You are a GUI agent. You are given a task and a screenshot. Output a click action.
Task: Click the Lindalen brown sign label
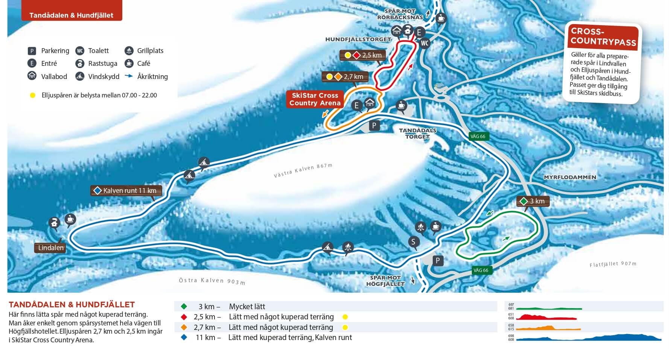[51, 248]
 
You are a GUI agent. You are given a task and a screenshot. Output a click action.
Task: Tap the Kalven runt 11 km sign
[126, 191]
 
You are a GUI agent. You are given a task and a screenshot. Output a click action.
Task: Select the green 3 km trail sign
[533, 201]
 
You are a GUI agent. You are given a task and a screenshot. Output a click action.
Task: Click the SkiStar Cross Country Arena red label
[315, 99]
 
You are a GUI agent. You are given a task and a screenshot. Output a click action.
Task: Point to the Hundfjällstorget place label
[358, 39]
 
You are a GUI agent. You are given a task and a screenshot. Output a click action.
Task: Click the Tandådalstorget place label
[417, 134]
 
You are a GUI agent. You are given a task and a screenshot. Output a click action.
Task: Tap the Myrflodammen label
[570, 177]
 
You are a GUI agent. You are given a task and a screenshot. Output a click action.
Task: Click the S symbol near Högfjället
[413, 242]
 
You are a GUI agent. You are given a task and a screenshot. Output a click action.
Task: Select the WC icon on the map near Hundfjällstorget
[424, 43]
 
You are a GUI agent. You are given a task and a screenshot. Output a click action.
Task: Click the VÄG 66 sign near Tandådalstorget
[478, 137]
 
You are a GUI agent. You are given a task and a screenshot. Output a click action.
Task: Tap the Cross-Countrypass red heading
[603, 37]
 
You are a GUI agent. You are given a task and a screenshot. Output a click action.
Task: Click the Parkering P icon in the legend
[32, 51]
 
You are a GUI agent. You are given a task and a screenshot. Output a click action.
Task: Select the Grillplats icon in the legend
[129, 51]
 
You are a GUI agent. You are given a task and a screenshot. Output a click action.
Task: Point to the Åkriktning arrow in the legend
[129, 76]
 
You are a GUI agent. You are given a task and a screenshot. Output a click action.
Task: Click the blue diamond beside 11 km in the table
[184, 337]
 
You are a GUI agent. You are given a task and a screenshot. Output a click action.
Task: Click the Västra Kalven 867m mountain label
[303, 170]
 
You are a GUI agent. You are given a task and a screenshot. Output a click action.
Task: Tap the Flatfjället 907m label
[613, 264]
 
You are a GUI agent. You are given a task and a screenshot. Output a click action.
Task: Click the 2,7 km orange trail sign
[345, 77]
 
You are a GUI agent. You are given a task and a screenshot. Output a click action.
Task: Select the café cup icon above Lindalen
[70, 219]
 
